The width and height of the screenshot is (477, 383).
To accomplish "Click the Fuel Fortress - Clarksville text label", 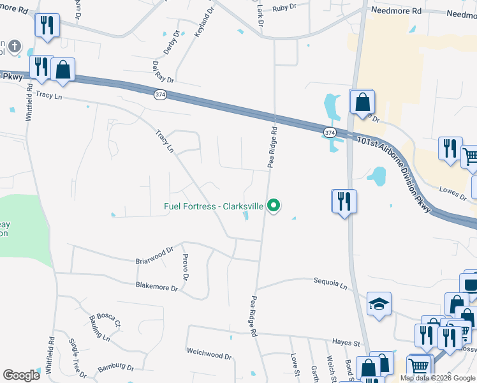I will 214,206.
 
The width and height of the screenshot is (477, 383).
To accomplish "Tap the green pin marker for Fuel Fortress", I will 274,206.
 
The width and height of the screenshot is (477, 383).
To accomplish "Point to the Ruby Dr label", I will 284,8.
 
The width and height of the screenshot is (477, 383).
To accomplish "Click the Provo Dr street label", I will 185,267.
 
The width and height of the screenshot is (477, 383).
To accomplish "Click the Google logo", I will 21,375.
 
